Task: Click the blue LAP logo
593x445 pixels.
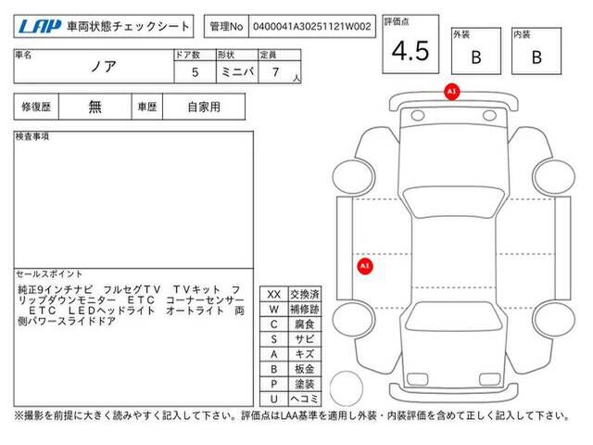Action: pos(40,27)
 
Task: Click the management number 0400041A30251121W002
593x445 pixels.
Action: pos(312,27)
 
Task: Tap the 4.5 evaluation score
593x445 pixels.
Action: pos(410,51)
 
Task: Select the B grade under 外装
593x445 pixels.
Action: pos(476,57)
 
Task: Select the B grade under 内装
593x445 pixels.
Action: pos(536,57)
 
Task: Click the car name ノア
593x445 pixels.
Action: pos(103,67)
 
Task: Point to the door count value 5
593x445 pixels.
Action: pos(196,72)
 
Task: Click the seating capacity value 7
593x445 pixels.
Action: pos(276,72)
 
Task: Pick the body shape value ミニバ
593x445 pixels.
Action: pos(237,71)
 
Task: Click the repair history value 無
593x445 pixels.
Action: pos(95,107)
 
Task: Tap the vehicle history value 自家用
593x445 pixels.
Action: pos(204,108)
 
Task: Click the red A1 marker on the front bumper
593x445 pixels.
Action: pos(451,92)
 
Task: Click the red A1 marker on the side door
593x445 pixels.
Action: pos(364,266)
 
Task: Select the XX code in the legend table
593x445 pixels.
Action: pos(274,295)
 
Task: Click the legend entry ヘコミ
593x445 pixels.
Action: pos(305,399)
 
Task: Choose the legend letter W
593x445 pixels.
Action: pos(274,309)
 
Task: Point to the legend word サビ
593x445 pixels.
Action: pos(305,339)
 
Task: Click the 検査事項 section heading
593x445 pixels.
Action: pos(32,136)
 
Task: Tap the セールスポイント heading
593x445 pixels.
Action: pos(49,274)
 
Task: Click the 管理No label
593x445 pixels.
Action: pos(226,27)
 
